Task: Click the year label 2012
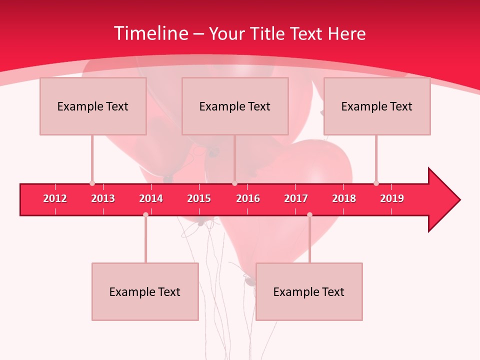[x=55, y=198]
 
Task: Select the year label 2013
[x=103, y=198]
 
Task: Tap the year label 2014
[x=151, y=198]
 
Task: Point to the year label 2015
[x=199, y=198]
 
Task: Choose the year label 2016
[x=248, y=198]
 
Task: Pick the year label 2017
[x=296, y=198]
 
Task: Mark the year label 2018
[x=344, y=198]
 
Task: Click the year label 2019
[x=392, y=198]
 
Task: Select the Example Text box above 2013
[x=93, y=106]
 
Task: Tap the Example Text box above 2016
[x=235, y=106]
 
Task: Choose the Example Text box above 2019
[x=377, y=106]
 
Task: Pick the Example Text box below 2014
[x=145, y=291]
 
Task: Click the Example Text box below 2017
[x=309, y=291]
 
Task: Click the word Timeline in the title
[x=150, y=33]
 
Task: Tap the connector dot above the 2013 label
[x=92, y=183]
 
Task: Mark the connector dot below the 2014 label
[x=145, y=214]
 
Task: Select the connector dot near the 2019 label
[x=376, y=183]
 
